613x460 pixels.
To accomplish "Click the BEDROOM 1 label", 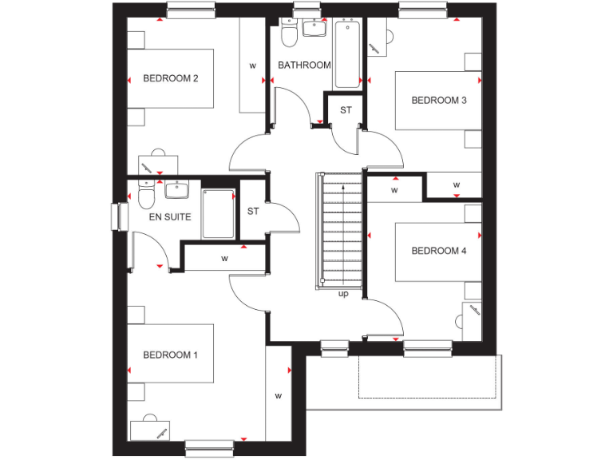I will (170, 355).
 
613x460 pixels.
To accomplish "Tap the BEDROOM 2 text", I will (170, 78).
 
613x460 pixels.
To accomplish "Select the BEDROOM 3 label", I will (438, 101).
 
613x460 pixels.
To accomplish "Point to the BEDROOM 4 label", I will (438, 251).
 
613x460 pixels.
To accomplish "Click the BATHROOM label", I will (304, 65).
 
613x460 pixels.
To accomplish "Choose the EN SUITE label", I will (170, 216).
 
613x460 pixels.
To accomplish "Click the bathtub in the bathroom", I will (347, 55).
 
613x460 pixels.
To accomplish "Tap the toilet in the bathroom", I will (288, 34).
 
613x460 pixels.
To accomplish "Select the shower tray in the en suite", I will (218, 213).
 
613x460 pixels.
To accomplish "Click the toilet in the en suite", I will (144, 194).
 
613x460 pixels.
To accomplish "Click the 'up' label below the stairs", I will (344, 294).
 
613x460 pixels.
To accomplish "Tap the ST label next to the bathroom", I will (346, 110).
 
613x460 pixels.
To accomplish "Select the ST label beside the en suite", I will (253, 212).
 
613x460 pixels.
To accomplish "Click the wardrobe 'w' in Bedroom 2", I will (253, 65).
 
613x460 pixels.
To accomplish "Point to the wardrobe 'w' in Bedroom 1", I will (279, 395).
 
